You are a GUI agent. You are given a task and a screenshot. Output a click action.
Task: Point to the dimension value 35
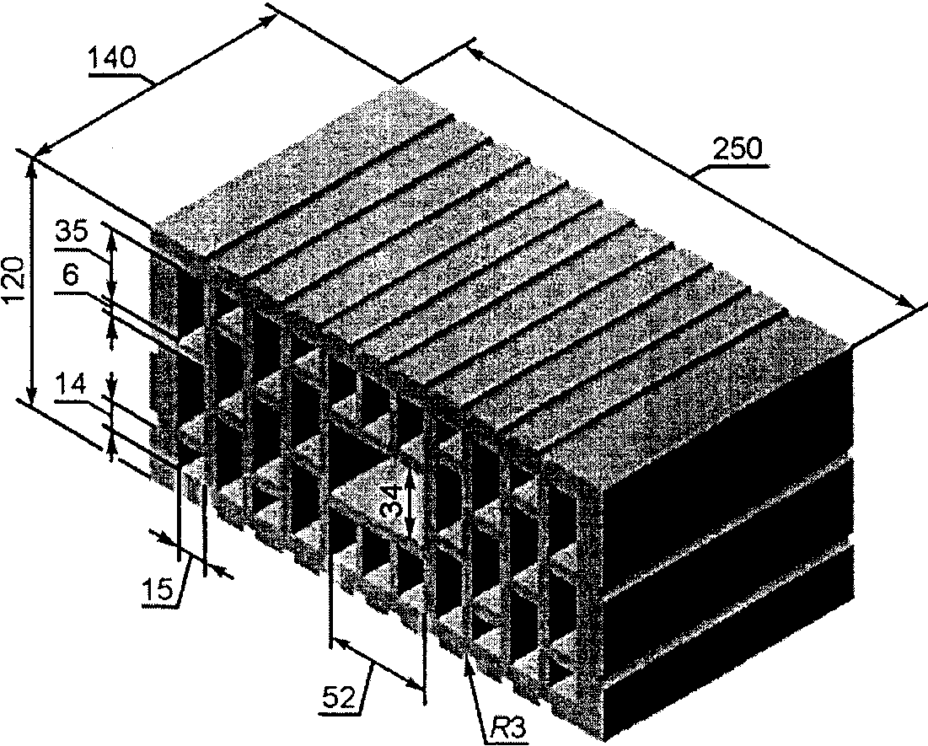pos(72,231)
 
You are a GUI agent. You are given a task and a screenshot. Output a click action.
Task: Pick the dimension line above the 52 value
pos(377,665)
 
